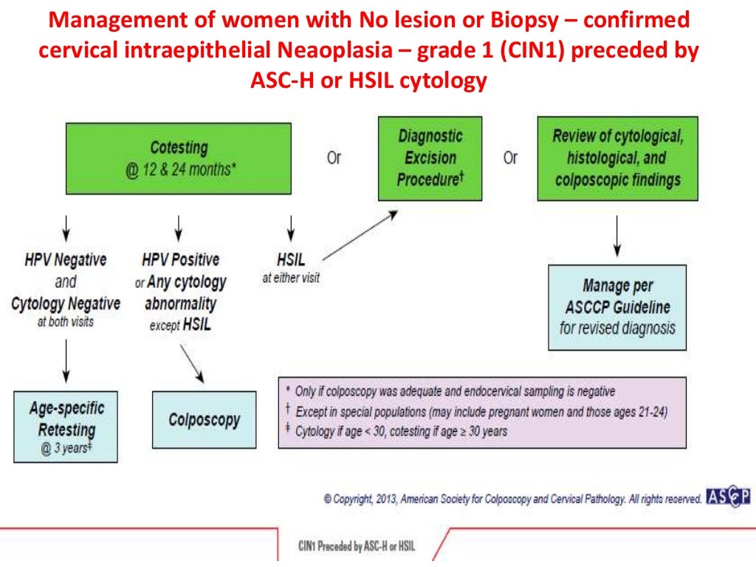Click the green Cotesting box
(179, 158)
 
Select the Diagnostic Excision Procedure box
(430, 158)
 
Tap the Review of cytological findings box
(616, 158)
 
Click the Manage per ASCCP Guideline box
(616, 307)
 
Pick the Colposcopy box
(204, 419)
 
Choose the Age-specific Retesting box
(66, 427)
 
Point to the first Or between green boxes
(334, 158)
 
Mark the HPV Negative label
(66, 260)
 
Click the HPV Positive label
(180, 260)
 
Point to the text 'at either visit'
(290, 279)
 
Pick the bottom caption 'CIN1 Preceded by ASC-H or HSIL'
(357, 546)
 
